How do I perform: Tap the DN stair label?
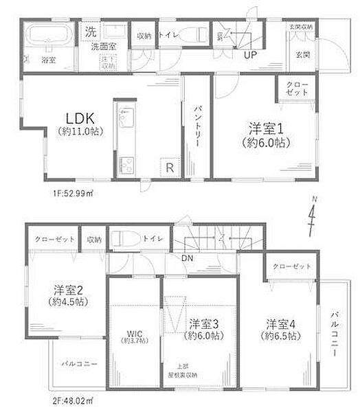point(187,258)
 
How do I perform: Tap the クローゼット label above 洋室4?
point(291,266)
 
